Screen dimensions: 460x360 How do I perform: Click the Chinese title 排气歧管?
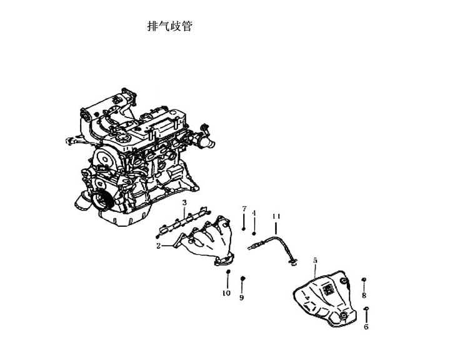coord(170,26)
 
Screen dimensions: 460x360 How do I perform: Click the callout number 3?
coord(184,202)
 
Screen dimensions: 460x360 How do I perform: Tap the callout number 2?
coord(158,246)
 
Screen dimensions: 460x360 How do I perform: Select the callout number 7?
coord(244,209)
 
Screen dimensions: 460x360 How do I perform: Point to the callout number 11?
coord(276,216)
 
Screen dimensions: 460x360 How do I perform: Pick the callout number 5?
coord(315,260)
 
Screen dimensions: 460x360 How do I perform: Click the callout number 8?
coord(364,295)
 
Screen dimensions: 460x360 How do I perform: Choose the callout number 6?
coord(366,326)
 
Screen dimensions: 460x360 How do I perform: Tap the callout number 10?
coord(226,292)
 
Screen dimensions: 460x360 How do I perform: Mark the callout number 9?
coord(241,297)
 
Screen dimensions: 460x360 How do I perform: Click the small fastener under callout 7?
coord(244,228)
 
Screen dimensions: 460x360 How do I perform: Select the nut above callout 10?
coord(227,271)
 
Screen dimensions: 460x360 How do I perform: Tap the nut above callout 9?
coord(242,278)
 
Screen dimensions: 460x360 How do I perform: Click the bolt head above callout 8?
coord(364,279)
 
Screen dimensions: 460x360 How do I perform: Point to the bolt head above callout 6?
coord(366,309)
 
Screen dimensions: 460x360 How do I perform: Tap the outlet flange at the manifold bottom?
coord(224,260)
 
